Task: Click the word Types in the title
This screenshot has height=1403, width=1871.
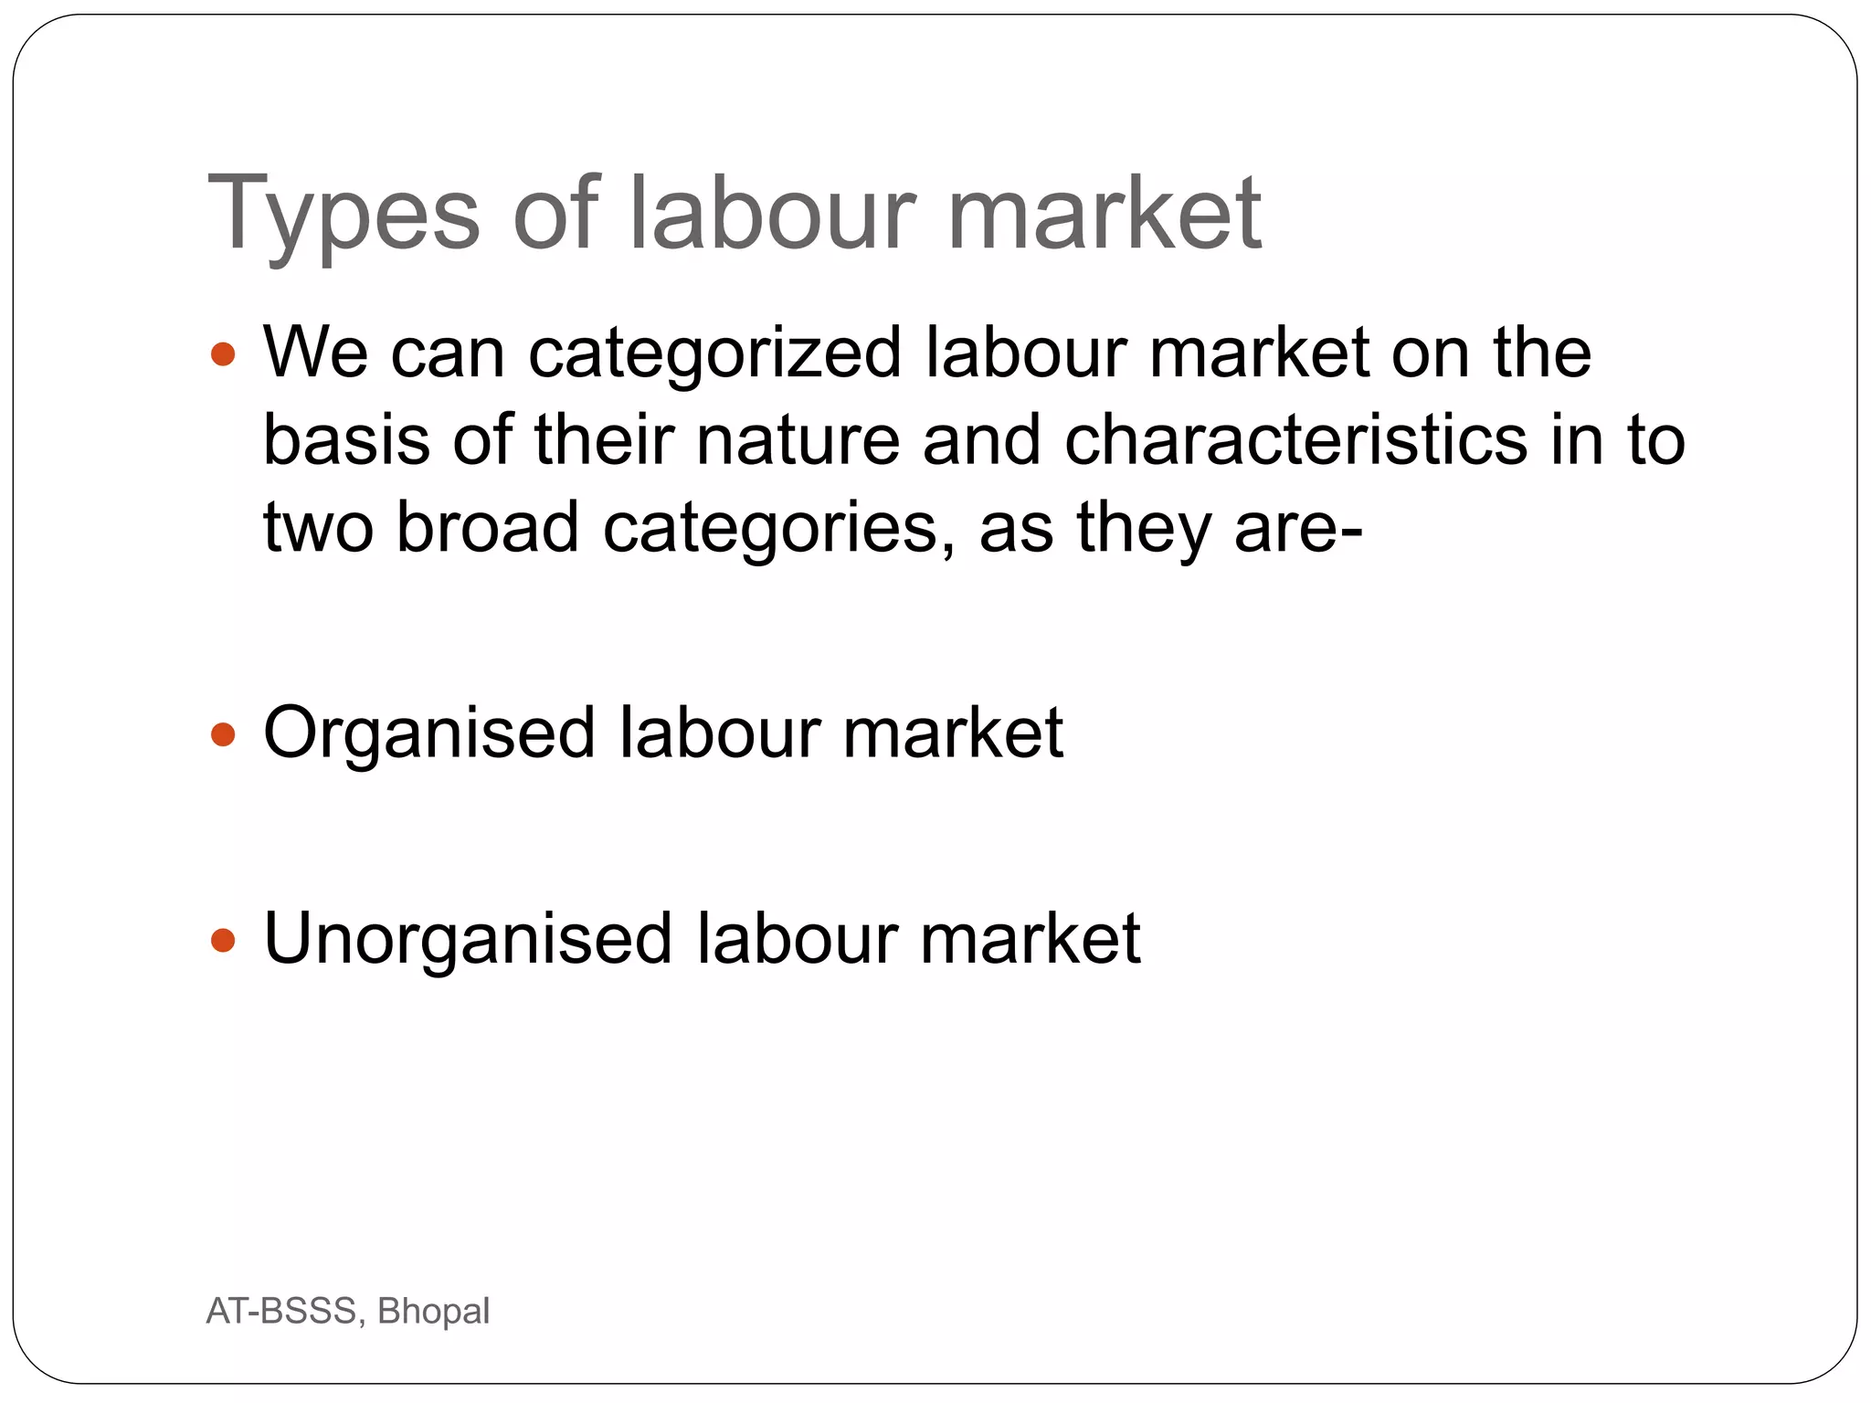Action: pos(344,215)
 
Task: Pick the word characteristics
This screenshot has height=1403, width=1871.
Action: pos(1295,439)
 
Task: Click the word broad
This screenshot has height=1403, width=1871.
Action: pos(487,527)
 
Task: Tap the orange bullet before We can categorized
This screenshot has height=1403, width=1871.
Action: pos(223,353)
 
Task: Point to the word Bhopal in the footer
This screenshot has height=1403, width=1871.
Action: pos(433,1312)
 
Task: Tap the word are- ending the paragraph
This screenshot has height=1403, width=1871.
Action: pos(1297,527)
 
